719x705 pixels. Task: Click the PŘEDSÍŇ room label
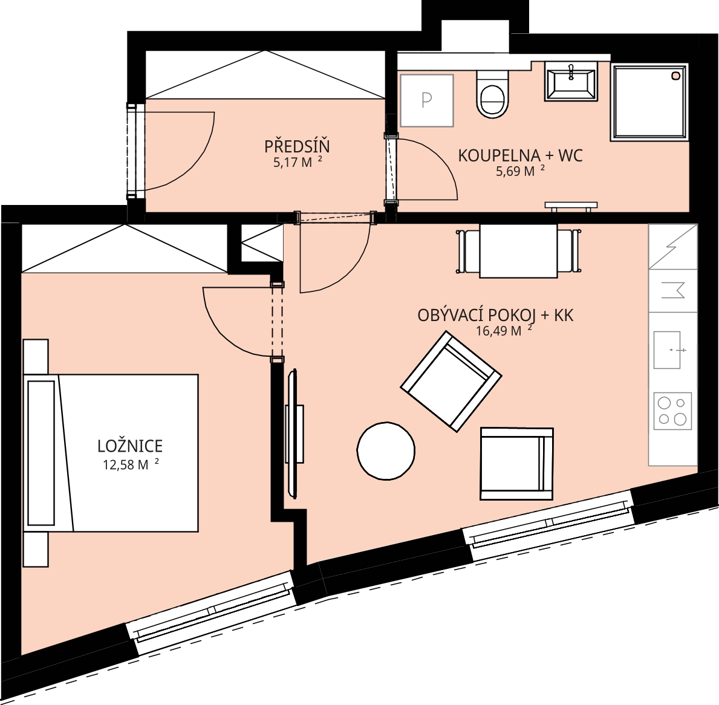point(297,147)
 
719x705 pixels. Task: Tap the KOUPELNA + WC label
point(521,156)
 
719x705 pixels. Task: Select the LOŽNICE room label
point(130,446)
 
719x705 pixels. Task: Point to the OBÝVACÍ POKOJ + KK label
point(495,316)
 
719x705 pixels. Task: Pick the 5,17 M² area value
point(298,162)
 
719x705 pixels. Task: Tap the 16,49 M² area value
point(504,330)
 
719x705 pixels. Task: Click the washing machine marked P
point(427,100)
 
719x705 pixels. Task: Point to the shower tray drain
point(675,76)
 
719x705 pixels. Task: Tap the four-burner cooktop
point(672,411)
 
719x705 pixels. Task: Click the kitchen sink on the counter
point(667,350)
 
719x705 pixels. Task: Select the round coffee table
point(386,451)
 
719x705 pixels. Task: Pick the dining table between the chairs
point(519,251)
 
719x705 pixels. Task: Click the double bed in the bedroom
point(111,453)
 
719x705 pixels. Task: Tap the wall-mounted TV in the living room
point(293,433)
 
